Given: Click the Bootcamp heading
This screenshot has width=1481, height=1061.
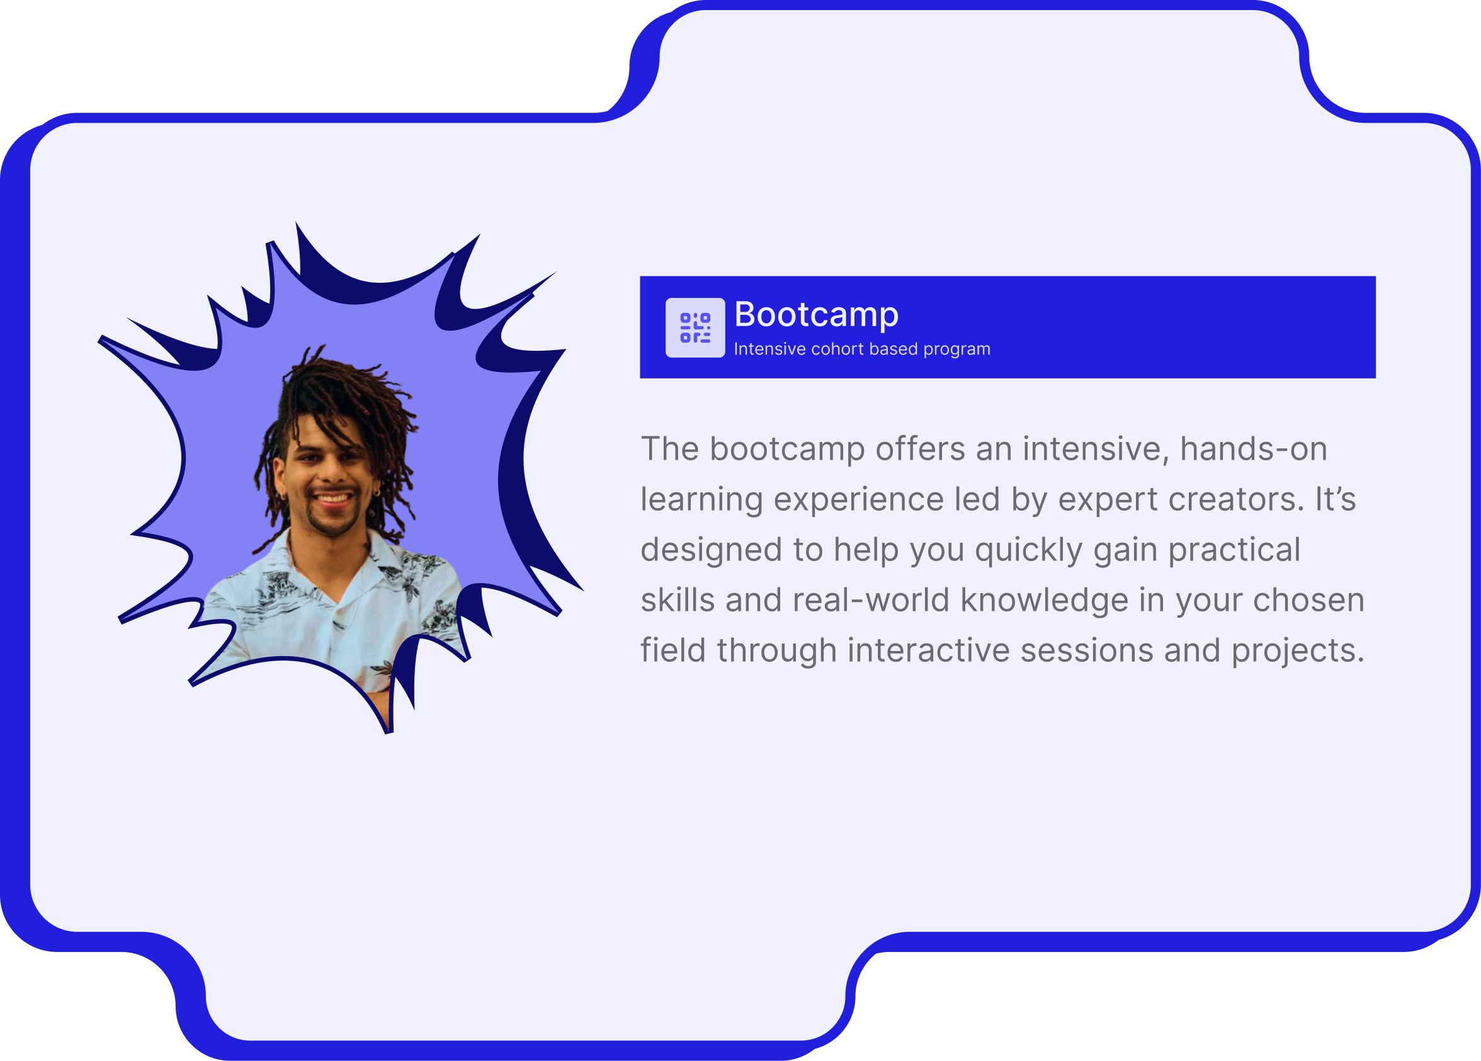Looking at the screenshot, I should [x=816, y=315].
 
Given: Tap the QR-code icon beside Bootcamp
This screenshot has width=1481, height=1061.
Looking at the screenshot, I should [x=695, y=328].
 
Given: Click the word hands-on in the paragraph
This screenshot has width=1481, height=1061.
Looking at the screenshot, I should [x=1254, y=449].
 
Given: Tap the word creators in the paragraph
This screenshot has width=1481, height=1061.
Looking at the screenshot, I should [x=1235, y=499].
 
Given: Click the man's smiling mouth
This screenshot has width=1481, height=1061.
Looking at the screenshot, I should [x=332, y=499].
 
